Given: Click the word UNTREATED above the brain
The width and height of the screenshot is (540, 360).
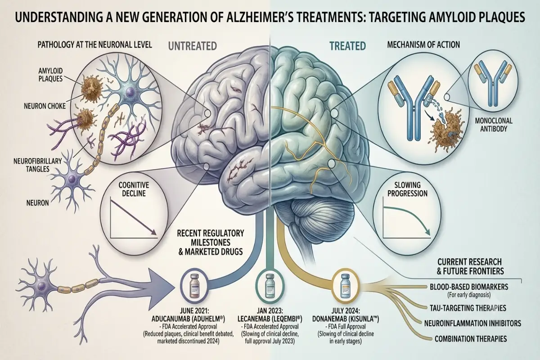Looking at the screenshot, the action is [193, 46].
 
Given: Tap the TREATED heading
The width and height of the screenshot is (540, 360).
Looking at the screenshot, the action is [347, 46].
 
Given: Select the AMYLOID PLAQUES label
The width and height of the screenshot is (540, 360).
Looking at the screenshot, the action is [50, 75].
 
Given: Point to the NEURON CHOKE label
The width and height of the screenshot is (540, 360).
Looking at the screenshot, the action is [45, 106].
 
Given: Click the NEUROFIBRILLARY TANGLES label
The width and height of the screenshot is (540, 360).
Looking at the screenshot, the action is [38, 165].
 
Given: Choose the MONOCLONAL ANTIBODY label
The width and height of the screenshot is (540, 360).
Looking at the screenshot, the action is [494, 125].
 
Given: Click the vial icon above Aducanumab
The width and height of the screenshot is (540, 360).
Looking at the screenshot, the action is [194, 285].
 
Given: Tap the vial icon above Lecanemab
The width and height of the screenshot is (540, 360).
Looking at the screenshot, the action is [269, 285].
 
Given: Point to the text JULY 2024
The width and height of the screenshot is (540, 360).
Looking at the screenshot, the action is [346, 310].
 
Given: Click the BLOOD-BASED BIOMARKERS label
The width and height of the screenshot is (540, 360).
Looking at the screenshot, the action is [469, 287].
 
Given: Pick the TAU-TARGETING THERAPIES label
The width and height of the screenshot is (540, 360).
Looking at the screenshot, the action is [468, 308].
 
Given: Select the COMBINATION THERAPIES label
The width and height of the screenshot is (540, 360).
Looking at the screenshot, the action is [471, 339].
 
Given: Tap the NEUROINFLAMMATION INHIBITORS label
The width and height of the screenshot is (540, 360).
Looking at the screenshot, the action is [473, 323].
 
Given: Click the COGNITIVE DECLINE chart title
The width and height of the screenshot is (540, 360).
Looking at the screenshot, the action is [134, 189].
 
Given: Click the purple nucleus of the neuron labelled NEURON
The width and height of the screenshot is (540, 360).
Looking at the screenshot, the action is [72, 179].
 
